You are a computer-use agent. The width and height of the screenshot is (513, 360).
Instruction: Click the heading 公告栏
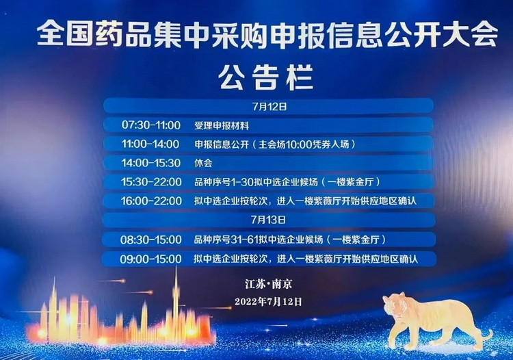point(267,77)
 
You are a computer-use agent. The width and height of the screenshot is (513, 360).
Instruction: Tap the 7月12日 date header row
point(268,107)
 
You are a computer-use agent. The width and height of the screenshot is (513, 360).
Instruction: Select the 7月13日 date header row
point(268,220)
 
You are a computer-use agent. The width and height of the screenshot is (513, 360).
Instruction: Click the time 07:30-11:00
point(151,125)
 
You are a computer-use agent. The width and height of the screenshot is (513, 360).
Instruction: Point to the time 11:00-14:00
point(150,144)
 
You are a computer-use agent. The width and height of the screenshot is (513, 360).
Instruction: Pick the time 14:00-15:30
point(151,163)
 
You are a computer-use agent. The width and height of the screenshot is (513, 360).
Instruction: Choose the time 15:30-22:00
point(151,181)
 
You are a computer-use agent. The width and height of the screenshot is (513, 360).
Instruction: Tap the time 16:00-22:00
point(151,201)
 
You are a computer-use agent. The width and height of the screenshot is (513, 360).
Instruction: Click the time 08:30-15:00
point(151,240)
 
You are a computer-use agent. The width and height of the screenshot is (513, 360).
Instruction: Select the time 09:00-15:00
point(151,259)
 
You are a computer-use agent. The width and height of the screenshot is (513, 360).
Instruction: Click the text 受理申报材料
point(222,125)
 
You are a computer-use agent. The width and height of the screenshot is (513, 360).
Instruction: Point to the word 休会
point(203,163)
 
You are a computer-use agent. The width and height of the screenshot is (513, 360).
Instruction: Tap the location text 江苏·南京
point(268,283)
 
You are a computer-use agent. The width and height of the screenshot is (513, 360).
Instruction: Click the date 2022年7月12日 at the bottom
point(268,301)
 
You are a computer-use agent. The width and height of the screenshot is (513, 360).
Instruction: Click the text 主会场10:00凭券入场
point(304,144)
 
